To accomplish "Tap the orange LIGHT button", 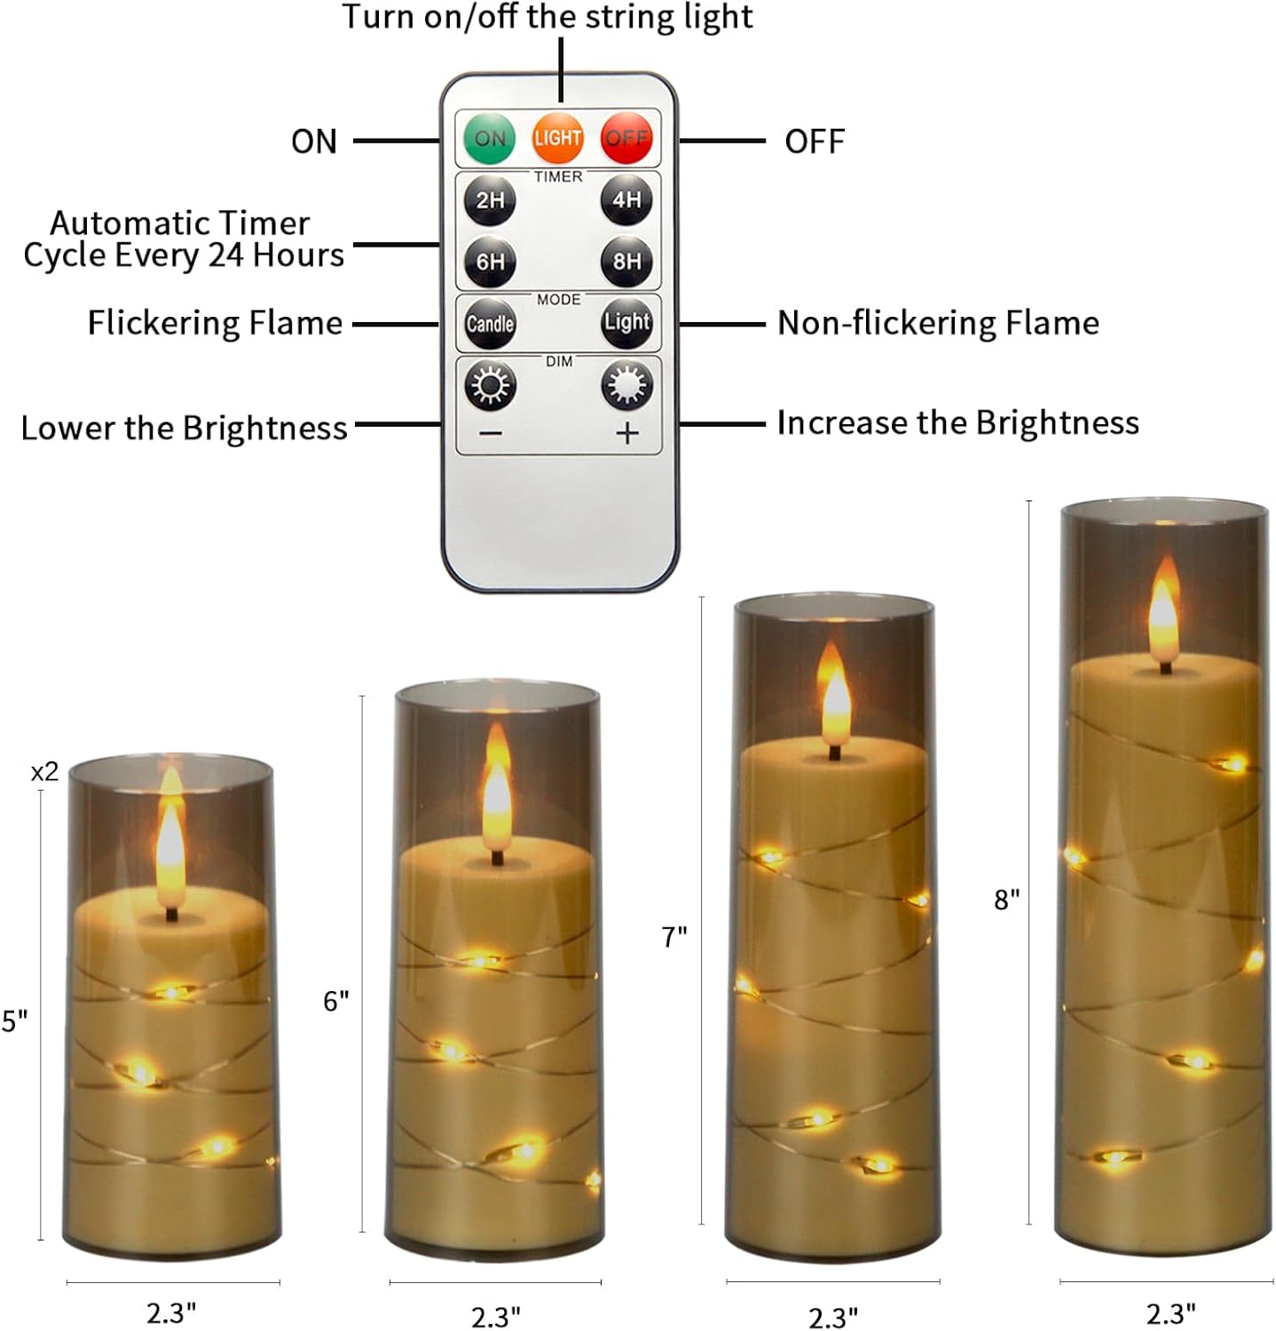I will pyautogui.click(x=557, y=138).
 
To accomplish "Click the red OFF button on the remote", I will pyautogui.click(x=626, y=138).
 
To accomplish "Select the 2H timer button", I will pyautogui.click(x=490, y=200).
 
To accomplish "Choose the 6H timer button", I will pyautogui.click(x=490, y=262).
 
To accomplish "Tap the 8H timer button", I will pyautogui.click(x=626, y=261).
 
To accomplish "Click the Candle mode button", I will pyautogui.click(x=490, y=323).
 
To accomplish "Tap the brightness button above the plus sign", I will pyautogui.click(x=626, y=386).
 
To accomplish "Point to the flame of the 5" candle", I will pyautogui.click(x=169, y=847).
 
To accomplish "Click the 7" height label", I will pyautogui.click(x=674, y=937).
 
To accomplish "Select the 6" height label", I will pyautogui.click(x=336, y=1002).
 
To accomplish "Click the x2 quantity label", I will pyautogui.click(x=44, y=772).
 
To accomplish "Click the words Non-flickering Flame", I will pyautogui.click(x=938, y=323).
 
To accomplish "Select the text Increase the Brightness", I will pyautogui.click(x=957, y=423).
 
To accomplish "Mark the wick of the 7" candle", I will pyautogui.click(x=834, y=752).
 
